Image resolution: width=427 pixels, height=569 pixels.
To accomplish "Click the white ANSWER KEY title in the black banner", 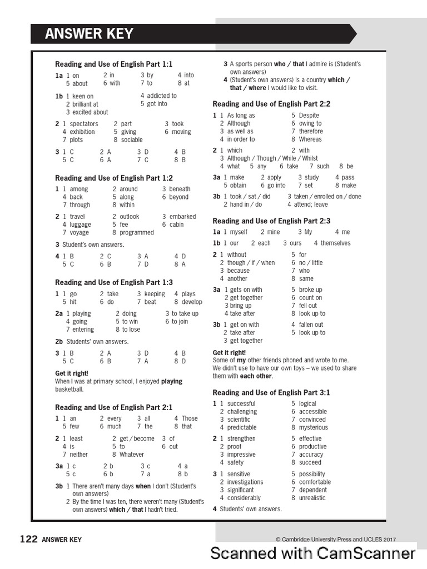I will [90, 34].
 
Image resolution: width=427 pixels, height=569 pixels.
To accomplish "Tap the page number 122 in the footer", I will [28, 539].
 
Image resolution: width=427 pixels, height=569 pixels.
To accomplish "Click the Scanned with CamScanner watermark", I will [312, 553].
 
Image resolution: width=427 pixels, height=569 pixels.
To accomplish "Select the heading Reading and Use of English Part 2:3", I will [271, 221].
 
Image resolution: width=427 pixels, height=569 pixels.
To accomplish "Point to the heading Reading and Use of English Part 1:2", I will [114, 178].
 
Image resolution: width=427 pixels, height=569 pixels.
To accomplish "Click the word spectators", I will [84, 124].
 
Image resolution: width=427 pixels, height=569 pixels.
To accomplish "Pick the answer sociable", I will [132, 140].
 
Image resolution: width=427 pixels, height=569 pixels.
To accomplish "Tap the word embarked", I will [183, 217].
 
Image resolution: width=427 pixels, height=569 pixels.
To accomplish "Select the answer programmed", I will [137, 233].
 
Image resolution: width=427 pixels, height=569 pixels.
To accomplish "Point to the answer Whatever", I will [132, 455].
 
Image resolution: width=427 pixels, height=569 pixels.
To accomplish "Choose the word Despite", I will [309, 116].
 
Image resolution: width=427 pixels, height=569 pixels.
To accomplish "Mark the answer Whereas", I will [310, 139].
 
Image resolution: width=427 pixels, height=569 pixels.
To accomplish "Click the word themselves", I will [336, 243].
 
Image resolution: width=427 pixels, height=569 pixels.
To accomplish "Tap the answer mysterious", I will [314, 428].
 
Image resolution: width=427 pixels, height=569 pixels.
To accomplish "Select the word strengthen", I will [241, 438].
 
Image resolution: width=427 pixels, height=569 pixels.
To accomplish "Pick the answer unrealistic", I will [312, 498].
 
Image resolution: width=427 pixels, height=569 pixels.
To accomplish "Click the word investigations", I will [245, 482].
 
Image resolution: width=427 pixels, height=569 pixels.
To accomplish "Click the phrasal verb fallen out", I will [311, 325].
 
